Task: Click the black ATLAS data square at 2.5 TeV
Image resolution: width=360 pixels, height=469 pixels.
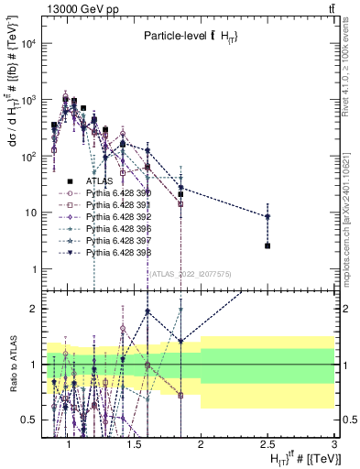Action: click(x=267, y=245)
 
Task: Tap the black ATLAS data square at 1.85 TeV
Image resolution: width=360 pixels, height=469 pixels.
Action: click(x=181, y=194)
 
